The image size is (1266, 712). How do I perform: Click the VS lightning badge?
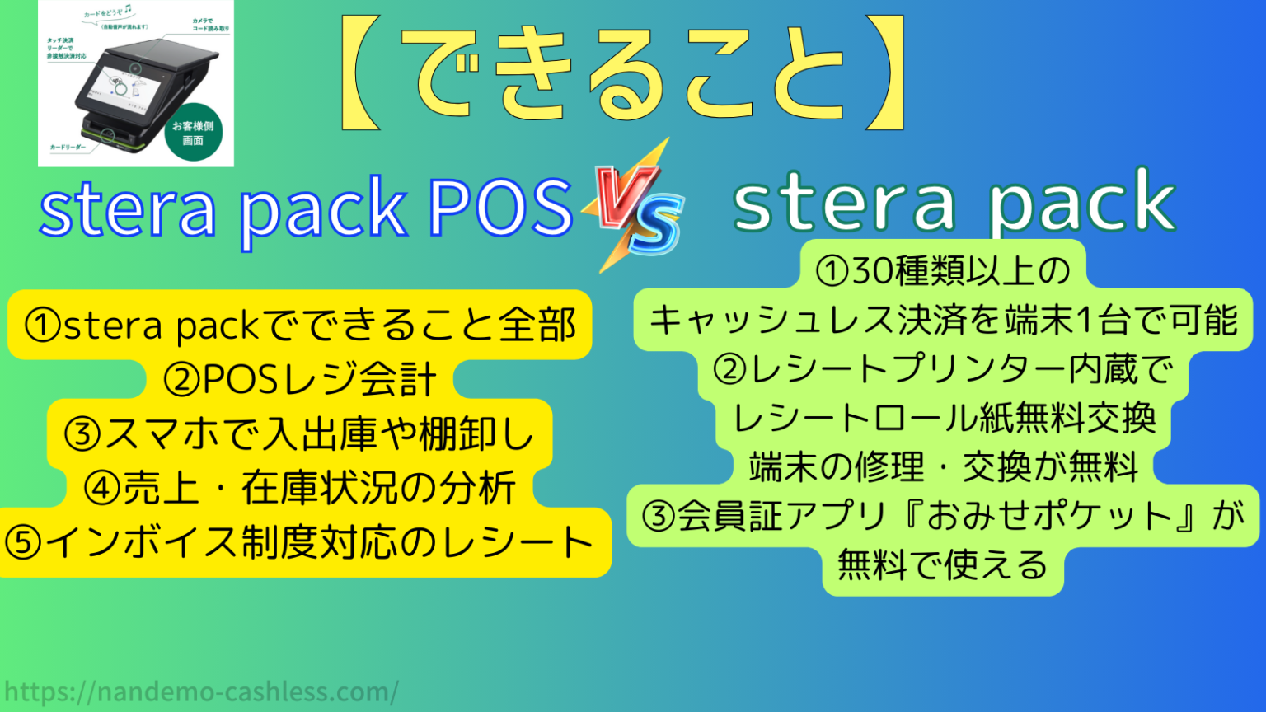[x=633, y=206]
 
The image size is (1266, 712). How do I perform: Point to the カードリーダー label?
[x=68, y=148]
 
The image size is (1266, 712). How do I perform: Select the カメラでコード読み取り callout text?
[x=210, y=25]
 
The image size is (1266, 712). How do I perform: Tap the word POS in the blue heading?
[x=499, y=208]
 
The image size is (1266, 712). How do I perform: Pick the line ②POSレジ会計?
[x=299, y=380]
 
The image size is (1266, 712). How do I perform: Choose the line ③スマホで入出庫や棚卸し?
[x=299, y=434]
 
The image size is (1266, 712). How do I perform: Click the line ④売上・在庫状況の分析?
[x=299, y=488]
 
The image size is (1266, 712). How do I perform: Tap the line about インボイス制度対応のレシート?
[x=299, y=542]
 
